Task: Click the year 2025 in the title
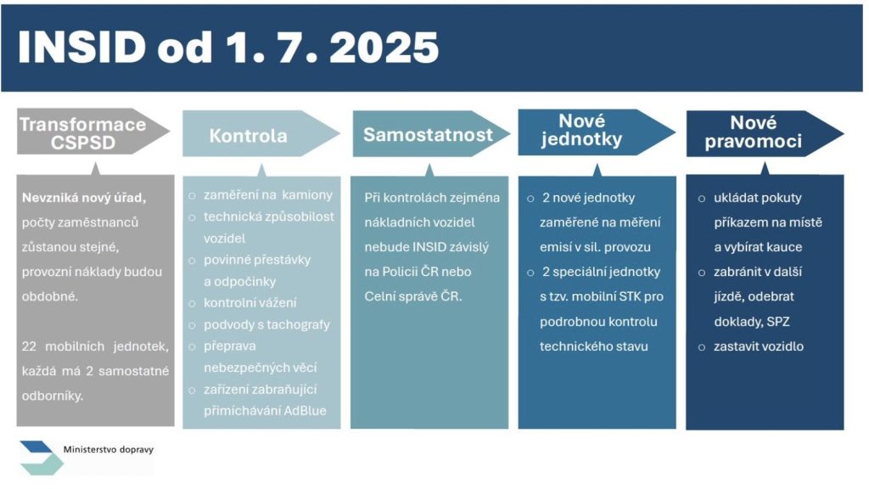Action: coord(384,48)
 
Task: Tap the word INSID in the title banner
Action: coord(81,48)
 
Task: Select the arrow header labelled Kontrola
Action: coord(261,133)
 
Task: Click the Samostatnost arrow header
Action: coord(430,133)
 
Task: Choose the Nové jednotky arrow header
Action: coord(597,132)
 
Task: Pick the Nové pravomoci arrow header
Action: coord(765,133)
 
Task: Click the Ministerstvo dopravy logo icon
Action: coord(41,458)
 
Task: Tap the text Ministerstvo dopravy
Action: coord(108,450)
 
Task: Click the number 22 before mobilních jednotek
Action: coord(29,346)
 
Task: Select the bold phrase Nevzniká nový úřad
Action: coord(84,198)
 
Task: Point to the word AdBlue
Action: coord(305,411)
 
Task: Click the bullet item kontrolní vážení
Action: coord(250,303)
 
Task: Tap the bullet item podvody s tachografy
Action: coord(266,324)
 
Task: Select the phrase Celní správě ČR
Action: coord(413,296)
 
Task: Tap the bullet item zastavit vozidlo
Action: coord(758,346)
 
